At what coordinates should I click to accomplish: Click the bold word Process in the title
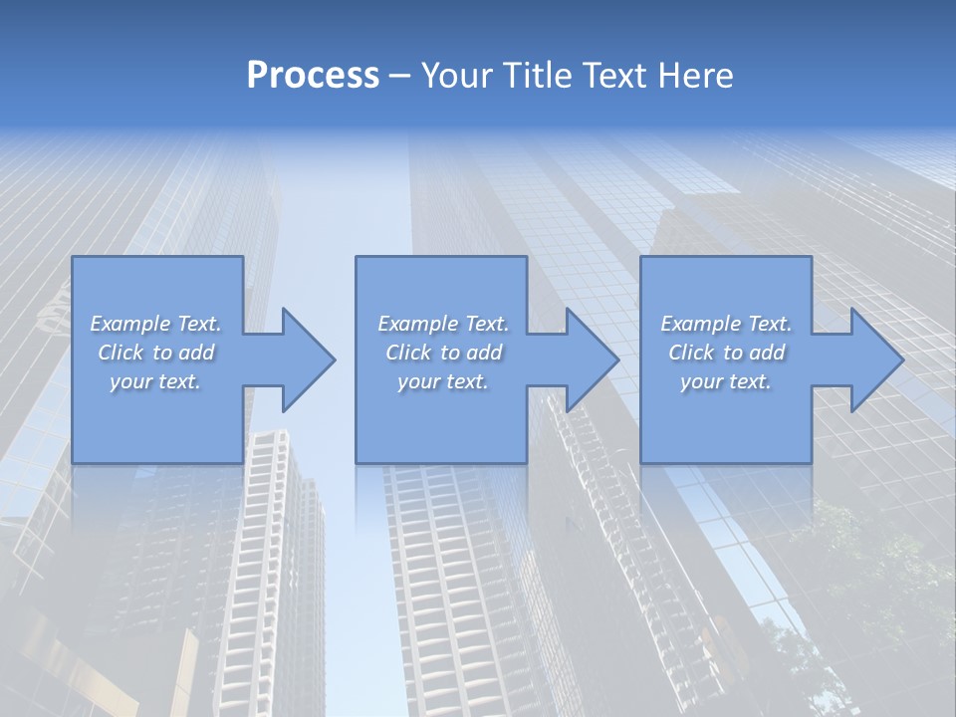click(x=313, y=76)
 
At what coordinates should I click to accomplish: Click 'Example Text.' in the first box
click(x=155, y=324)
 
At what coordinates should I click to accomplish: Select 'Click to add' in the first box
click(x=155, y=353)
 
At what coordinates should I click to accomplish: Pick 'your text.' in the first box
click(x=155, y=381)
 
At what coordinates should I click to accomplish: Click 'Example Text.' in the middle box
click(x=442, y=324)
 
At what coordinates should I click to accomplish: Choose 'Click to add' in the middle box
click(x=442, y=353)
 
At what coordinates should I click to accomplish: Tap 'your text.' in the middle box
click(x=442, y=381)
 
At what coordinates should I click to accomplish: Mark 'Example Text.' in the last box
click(x=726, y=324)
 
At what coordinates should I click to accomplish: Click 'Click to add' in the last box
click(x=726, y=353)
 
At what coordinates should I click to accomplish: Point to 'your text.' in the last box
click(x=726, y=381)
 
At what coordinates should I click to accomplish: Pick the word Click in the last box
click(x=692, y=353)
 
